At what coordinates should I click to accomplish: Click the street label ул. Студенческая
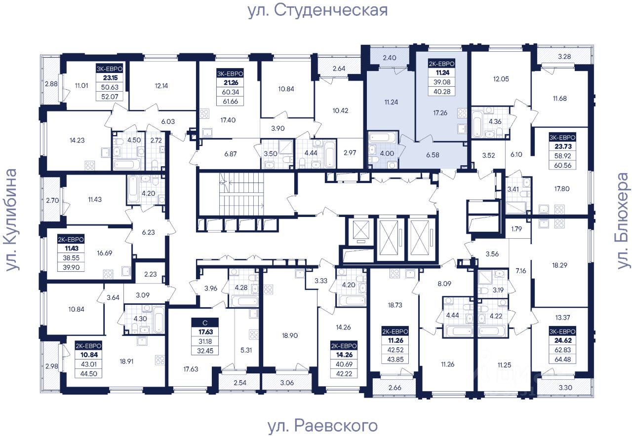[317, 10]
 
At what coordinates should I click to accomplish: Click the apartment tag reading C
[205, 323]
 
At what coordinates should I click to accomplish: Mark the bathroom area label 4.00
[387, 153]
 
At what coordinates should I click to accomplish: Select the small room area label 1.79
[517, 228]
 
